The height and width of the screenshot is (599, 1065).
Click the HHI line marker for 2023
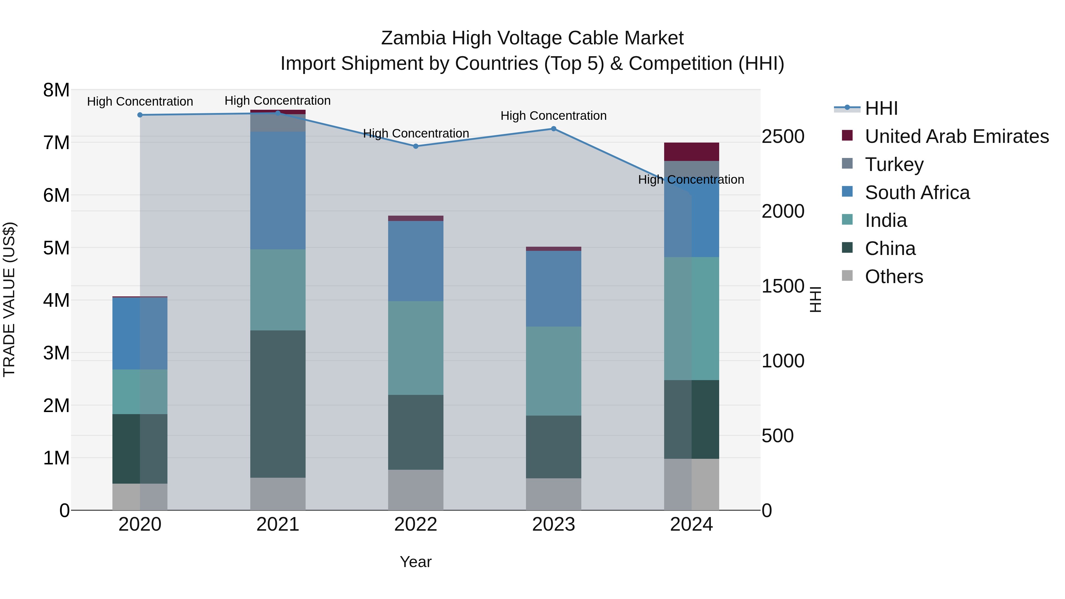tap(554, 129)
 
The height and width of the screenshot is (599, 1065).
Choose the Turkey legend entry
tap(894, 164)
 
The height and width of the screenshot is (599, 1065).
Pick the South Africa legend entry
tap(917, 193)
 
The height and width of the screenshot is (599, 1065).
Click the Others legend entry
tap(893, 277)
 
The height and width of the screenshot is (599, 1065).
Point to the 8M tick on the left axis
tap(56, 90)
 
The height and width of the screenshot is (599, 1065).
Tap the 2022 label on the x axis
tap(416, 524)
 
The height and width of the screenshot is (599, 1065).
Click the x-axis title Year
tap(416, 562)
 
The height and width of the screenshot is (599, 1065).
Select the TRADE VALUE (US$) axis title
tap(9, 299)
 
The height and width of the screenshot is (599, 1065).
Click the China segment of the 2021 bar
tap(278, 404)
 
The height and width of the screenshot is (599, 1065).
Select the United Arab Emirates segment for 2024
tap(691, 152)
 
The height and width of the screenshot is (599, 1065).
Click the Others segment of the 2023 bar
tap(554, 494)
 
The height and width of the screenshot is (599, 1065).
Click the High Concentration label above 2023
tap(554, 116)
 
